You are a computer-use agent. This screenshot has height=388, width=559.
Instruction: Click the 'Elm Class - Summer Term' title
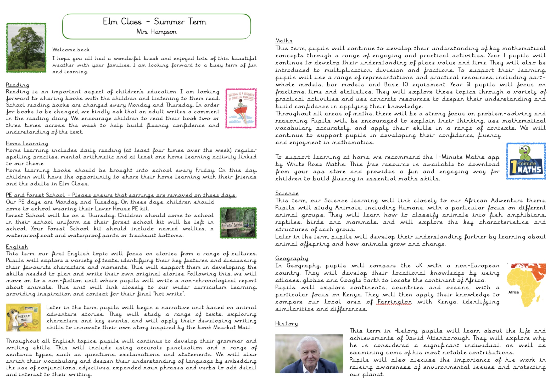coord(154,21)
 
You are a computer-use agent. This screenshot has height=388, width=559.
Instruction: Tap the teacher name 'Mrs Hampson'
coord(156,32)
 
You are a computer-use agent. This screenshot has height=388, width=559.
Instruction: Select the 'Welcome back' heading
coord(71,50)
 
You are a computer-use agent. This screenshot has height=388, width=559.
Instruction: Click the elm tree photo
coord(26,48)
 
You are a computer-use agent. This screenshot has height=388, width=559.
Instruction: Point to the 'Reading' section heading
coord(18,85)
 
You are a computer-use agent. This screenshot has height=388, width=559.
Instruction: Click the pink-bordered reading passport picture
coord(241,108)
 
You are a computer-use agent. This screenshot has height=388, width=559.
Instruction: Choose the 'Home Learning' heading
coord(27,143)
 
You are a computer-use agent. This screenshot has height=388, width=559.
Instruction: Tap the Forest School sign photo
coord(238,223)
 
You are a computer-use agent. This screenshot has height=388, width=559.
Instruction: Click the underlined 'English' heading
coord(17,247)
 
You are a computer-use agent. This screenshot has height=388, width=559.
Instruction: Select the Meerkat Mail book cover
coord(23,317)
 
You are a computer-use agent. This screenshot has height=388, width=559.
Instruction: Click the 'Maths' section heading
coord(284,41)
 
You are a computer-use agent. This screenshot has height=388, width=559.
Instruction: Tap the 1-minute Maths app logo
coord(526,161)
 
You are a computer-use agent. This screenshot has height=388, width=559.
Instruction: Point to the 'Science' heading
coord(287,193)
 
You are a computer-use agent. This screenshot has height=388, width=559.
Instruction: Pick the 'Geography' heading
coord(292,258)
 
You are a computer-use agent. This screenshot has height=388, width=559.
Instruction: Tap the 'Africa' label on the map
coord(513,292)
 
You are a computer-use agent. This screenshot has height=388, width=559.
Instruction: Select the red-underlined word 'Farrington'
coord(394,302)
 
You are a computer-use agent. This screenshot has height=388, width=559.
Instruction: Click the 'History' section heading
coord(286,324)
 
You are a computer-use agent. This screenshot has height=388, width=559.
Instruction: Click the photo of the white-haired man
coord(309,353)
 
